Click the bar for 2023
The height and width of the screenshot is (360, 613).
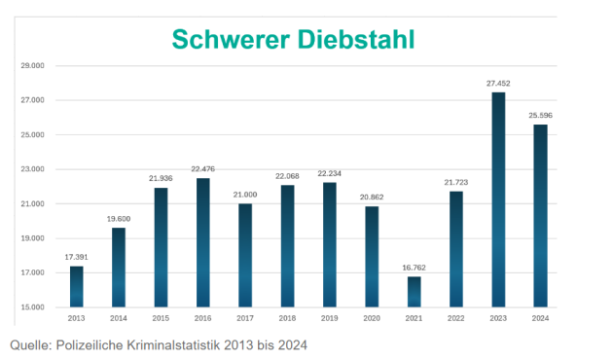498,199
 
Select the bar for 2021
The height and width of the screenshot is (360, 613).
414,292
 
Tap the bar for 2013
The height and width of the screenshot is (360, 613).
77,286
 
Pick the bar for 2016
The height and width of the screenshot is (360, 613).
203,242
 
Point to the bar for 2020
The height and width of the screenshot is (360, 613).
372,257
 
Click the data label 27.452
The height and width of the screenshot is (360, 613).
498,84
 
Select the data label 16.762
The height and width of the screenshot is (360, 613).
414,269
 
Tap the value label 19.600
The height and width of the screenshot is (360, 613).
119,219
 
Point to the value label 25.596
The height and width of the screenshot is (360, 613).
540,116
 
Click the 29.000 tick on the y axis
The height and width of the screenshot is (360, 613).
32,66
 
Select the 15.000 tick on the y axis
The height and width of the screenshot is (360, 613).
32,307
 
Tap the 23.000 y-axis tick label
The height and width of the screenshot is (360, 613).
32,169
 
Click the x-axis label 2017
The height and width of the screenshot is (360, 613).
245,317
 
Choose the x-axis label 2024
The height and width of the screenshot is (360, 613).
540,317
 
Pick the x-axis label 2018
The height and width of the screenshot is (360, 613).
287,317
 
